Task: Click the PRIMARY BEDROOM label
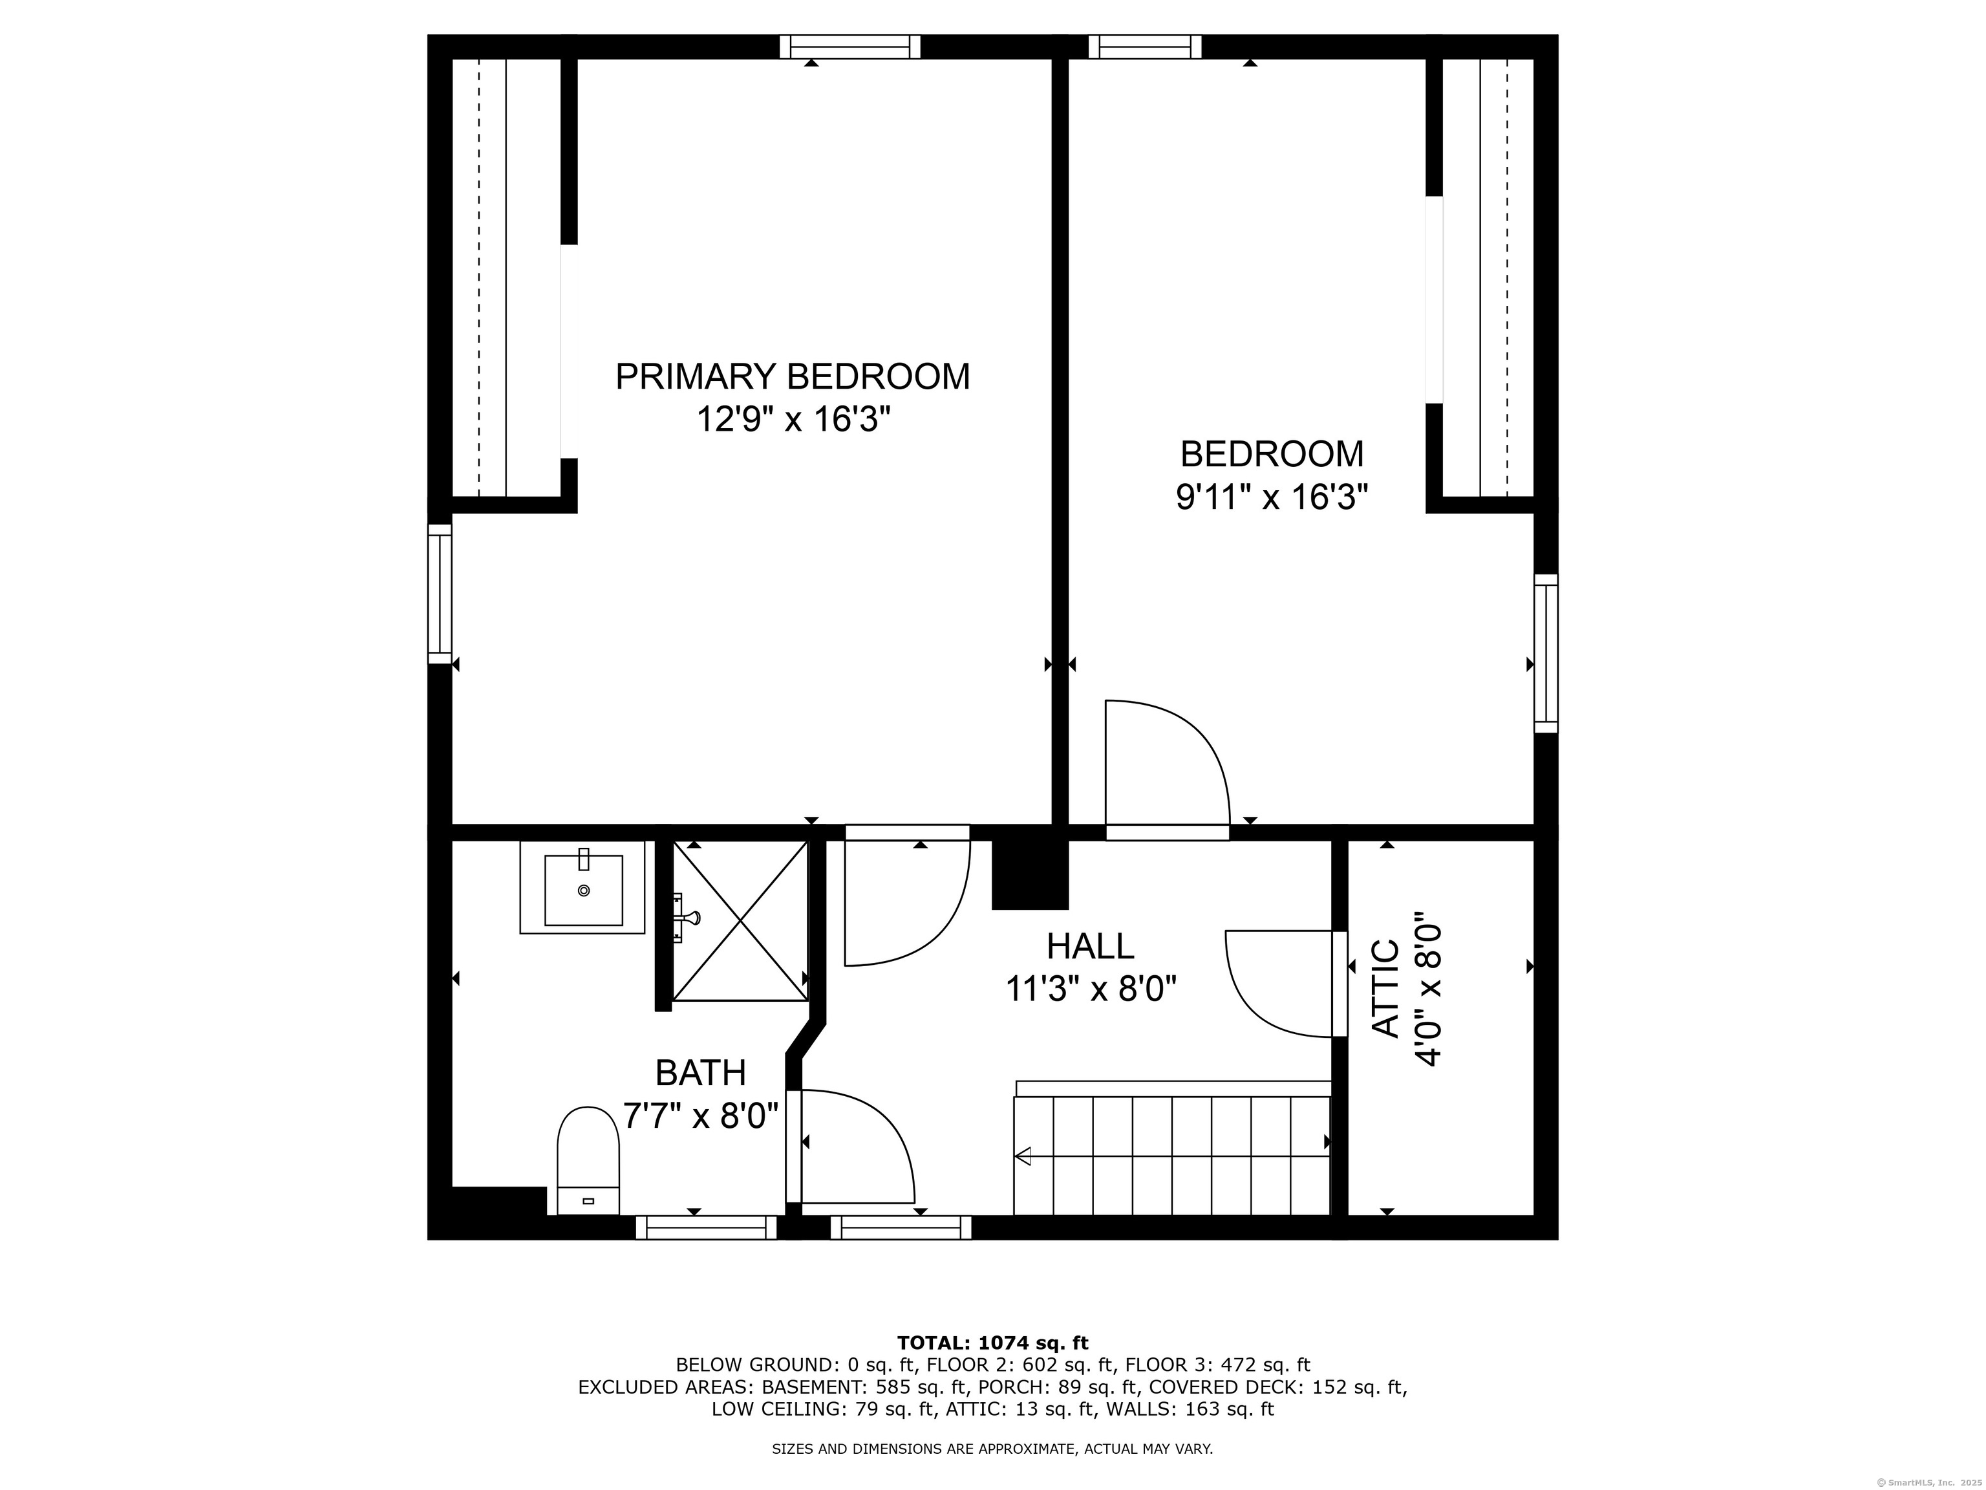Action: (x=793, y=376)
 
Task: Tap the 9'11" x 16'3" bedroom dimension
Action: (x=1272, y=497)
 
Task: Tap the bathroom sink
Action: (x=582, y=887)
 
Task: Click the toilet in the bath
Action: (x=588, y=1160)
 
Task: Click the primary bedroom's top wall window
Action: (x=850, y=47)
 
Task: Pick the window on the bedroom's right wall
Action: (x=1545, y=653)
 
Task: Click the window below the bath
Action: (x=707, y=1227)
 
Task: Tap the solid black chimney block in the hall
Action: (x=1030, y=874)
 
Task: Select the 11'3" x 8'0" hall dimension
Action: (x=1090, y=989)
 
